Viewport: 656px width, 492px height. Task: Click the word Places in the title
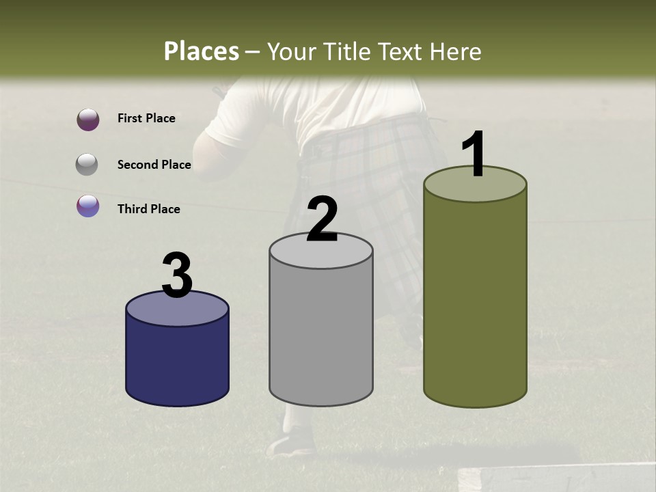(x=202, y=51)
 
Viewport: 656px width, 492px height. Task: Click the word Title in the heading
(x=346, y=51)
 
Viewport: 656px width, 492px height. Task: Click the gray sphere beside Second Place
(x=87, y=165)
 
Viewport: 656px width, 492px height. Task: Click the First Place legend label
(x=146, y=118)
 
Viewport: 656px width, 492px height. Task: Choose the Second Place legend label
(x=154, y=165)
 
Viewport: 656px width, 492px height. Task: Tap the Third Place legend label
(x=149, y=209)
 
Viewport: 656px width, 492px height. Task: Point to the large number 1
(x=474, y=154)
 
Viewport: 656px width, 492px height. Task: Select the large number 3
(x=177, y=275)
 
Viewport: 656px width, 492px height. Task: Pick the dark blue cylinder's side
(x=177, y=362)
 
